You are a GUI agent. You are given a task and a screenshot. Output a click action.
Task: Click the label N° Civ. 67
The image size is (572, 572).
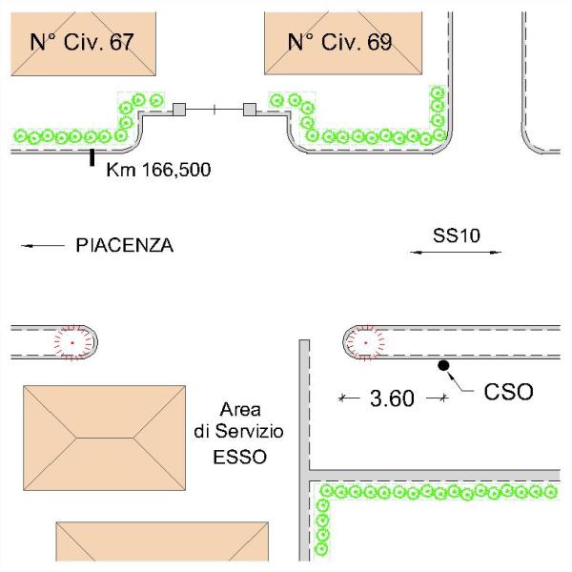82,42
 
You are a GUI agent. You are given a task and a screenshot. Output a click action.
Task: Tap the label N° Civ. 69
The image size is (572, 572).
340,42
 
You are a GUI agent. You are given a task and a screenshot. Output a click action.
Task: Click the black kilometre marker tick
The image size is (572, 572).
92,158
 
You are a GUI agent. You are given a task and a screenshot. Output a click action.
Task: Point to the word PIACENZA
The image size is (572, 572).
124,246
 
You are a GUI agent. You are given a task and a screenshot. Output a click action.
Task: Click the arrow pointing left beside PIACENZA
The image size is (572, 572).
42,246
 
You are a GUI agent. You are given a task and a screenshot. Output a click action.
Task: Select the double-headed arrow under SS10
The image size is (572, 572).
456,252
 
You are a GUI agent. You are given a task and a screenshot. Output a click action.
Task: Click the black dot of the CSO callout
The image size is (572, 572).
443,365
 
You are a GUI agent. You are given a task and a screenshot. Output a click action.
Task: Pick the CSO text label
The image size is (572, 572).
508,391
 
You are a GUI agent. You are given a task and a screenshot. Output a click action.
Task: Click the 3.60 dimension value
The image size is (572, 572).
392,398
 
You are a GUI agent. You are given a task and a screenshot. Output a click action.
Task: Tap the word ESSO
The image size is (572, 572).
239,457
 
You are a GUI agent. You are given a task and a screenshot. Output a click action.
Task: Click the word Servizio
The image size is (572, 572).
252,433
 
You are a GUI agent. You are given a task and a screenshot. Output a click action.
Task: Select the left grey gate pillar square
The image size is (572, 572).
177,111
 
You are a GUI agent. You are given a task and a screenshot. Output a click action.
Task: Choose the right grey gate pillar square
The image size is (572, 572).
251,111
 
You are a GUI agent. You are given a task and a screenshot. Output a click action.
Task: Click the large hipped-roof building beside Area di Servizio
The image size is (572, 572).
104,437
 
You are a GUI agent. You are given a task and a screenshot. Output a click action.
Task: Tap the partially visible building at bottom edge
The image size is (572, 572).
162,545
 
